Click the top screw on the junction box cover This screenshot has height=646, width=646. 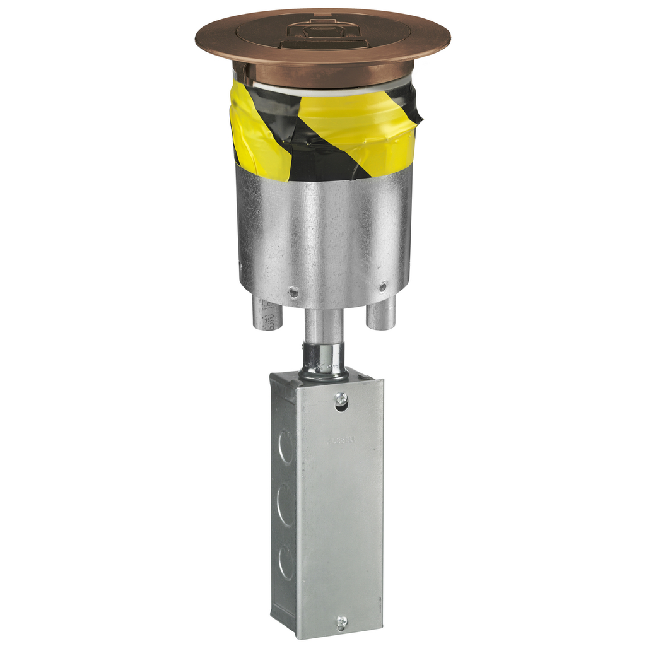tap(341, 399)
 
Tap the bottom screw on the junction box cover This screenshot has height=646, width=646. tap(341, 622)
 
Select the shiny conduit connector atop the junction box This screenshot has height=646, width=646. tap(324, 361)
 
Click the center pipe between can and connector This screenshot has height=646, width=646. tap(324, 324)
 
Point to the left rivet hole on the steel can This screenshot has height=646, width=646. tap(293, 292)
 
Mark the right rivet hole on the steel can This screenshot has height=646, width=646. tap(382, 287)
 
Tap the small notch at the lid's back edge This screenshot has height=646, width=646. tap(322, 12)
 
